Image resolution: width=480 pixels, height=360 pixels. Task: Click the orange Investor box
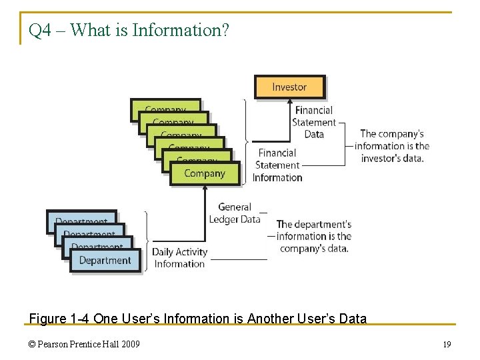click(x=289, y=87)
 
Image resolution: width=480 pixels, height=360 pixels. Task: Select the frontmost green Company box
click(x=205, y=173)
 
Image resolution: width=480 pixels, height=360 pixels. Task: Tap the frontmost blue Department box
click(x=105, y=261)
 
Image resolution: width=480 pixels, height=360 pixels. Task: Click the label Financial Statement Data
click(x=314, y=122)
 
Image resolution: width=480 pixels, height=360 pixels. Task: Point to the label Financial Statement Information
click(x=277, y=165)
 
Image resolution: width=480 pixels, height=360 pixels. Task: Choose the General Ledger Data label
click(x=235, y=213)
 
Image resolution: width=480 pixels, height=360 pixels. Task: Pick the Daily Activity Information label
click(x=179, y=257)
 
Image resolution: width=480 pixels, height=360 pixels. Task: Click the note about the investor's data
click(x=392, y=146)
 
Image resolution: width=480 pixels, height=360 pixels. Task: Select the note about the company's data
click(x=314, y=236)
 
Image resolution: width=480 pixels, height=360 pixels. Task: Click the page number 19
click(x=447, y=345)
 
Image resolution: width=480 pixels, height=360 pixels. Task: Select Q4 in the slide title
click(x=39, y=31)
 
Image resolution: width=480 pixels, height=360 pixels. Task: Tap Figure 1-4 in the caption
click(x=59, y=319)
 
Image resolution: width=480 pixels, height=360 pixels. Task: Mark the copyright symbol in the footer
click(x=33, y=345)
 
